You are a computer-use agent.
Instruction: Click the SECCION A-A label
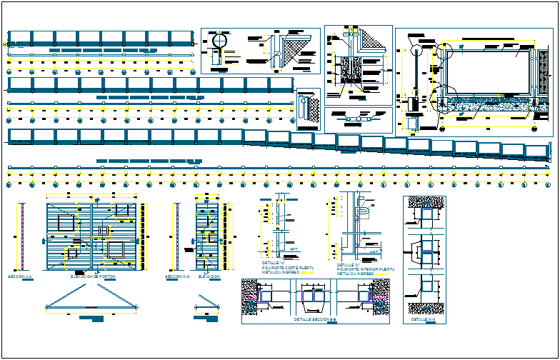(x=19, y=276)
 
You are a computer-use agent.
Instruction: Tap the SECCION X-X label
(x=177, y=276)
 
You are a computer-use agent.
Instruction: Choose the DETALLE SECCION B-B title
(x=314, y=320)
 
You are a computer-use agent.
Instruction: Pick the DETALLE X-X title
(x=424, y=319)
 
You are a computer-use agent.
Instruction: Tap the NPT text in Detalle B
(x=371, y=251)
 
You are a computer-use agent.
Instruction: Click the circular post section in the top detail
(x=218, y=42)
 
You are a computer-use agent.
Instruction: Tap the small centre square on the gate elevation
(x=104, y=231)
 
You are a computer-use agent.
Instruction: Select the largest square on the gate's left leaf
(x=115, y=249)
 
